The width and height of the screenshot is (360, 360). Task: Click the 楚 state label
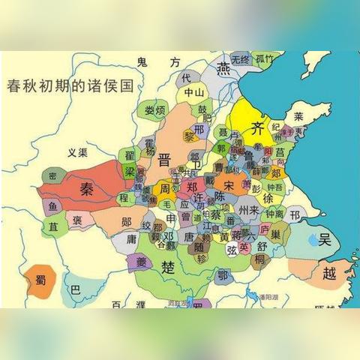click(x=169, y=264)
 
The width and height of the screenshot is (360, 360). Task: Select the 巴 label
click(x=74, y=289)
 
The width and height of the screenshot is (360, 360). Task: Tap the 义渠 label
click(x=77, y=152)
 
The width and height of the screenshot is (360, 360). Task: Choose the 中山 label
click(x=194, y=93)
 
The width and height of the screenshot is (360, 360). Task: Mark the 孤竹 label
click(x=263, y=58)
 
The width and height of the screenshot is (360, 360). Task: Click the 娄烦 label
click(x=155, y=110)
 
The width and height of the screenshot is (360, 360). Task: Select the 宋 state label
click(x=229, y=184)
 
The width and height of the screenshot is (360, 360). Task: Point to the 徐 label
click(x=267, y=198)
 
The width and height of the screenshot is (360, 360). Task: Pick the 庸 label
click(x=130, y=239)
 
